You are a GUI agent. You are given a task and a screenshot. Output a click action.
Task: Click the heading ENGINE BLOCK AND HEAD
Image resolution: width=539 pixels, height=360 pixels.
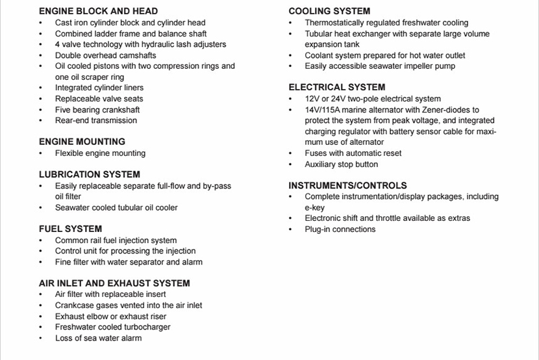click(98, 11)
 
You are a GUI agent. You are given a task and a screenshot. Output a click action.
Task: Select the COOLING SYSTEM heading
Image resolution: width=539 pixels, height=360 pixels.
click(329, 11)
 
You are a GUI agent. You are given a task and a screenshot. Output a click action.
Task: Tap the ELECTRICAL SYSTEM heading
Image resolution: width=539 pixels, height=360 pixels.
click(336, 87)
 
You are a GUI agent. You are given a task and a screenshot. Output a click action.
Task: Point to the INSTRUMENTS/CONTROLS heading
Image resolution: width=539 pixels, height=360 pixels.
click(347, 185)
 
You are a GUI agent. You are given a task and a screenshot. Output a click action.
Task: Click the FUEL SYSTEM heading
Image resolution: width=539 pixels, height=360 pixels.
click(70, 229)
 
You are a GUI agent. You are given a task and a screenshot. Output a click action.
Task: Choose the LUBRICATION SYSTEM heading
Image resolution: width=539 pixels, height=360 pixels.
click(89, 174)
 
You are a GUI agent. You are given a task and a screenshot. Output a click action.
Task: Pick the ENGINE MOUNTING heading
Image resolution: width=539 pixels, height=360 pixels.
click(82, 142)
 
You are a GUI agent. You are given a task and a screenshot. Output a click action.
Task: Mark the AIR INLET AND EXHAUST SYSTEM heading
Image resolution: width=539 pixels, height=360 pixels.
click(114, 283)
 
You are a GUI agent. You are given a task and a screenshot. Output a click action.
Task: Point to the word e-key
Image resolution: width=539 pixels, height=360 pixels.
click(315, 207)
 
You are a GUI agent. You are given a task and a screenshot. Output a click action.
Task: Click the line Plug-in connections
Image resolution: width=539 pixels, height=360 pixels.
click(340, 229)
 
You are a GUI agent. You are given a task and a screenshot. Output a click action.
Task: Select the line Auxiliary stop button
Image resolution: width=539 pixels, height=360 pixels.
click(341, 164)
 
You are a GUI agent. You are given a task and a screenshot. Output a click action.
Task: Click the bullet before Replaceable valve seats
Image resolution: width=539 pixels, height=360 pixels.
click(40, 99)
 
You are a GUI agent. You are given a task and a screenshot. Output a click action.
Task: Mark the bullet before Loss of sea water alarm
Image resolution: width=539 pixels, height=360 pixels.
click(40, 338)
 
